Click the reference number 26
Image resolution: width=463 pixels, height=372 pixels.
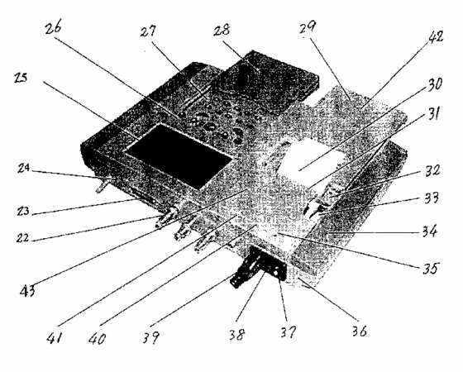[53, 29]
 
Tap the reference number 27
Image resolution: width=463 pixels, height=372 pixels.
[148, 31]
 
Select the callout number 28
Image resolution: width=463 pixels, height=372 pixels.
[222, 30]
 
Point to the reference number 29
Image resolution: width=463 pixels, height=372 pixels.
[308, 27]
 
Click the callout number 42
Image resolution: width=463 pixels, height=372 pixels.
[434, 37]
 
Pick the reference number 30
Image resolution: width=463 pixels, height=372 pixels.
[434, 84]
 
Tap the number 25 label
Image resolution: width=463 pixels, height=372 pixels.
[21, 78]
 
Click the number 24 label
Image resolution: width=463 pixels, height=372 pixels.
[23, 168]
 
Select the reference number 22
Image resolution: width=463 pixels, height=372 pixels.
[23, 237]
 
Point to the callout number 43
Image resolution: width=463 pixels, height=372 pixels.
[27, 290]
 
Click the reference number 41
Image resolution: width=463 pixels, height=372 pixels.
[55, 337]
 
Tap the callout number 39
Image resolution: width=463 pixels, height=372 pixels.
[151, 337]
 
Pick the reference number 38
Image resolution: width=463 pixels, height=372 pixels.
[237, 335]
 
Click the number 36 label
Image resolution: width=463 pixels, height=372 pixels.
[360, 331]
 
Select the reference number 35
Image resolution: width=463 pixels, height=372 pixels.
[430, 268]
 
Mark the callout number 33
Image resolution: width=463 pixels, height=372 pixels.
[432, 198]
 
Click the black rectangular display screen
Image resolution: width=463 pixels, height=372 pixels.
[179, 156]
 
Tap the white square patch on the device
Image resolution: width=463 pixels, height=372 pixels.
[308, 162]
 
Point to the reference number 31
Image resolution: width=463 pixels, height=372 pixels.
[432, 114]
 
